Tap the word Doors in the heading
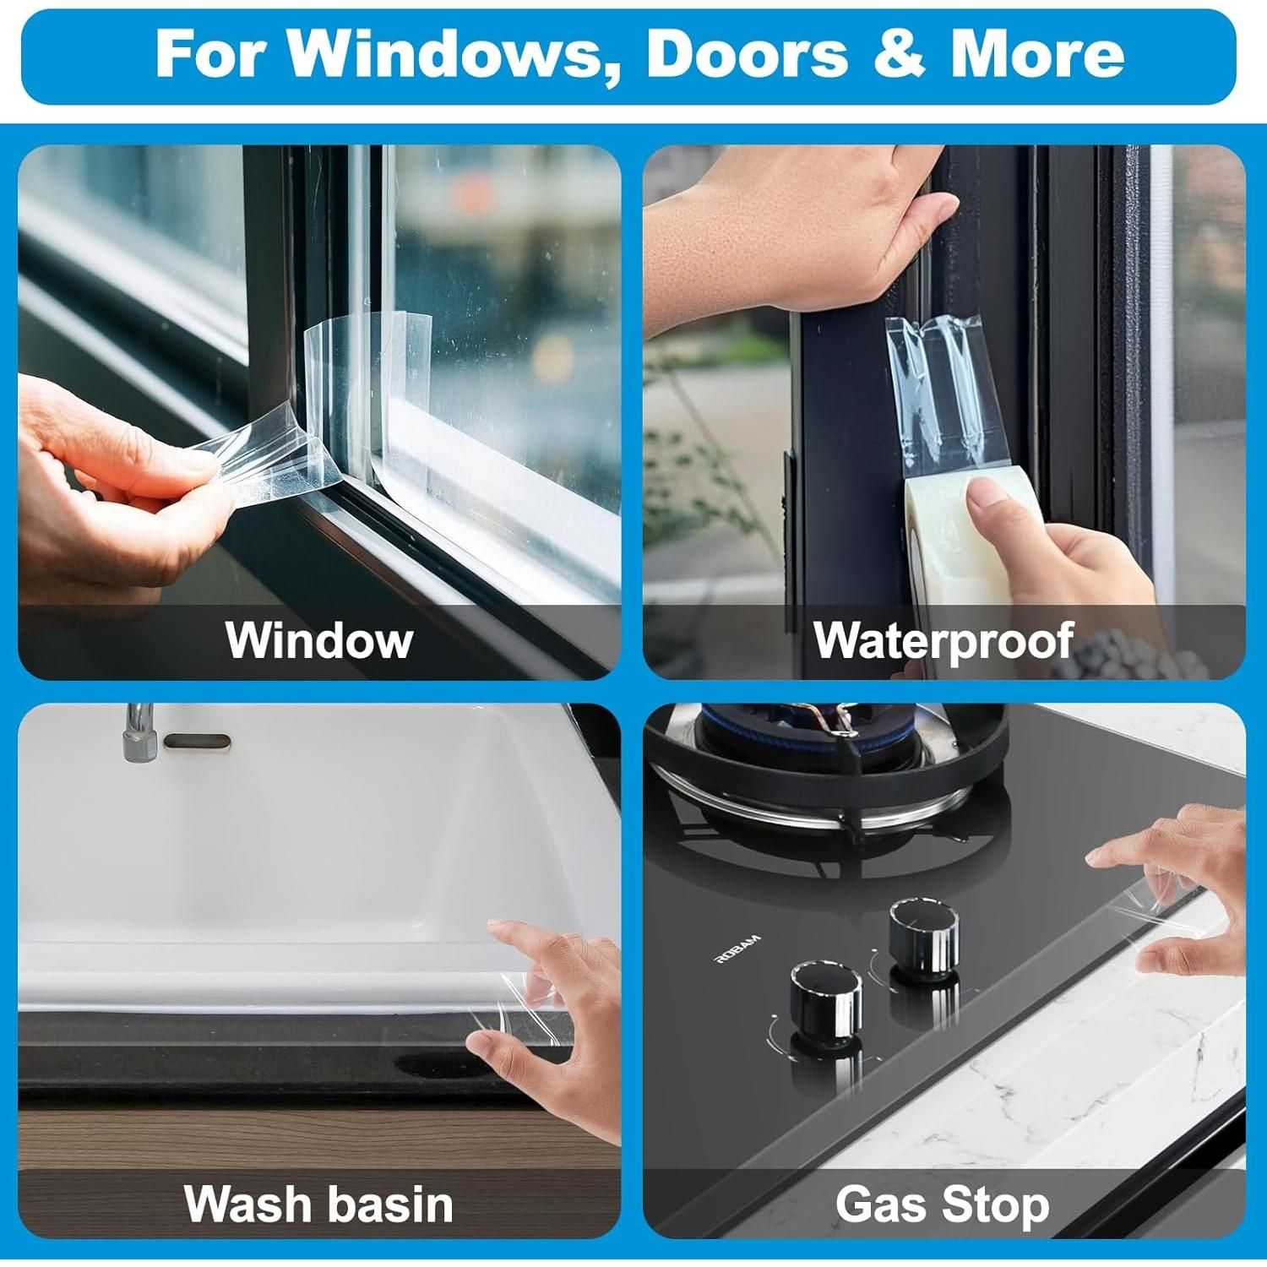[747, 54]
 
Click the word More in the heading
[1037, 54]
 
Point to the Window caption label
[318, 640]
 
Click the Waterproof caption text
[943, 640]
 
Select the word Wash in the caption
[245, 1204]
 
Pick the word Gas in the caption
[881, 1204]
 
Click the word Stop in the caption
[997, 1204]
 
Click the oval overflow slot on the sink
[197, 742]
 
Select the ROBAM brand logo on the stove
[738, 949]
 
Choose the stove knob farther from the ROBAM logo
[924, 927]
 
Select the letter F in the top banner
[179, 54]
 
